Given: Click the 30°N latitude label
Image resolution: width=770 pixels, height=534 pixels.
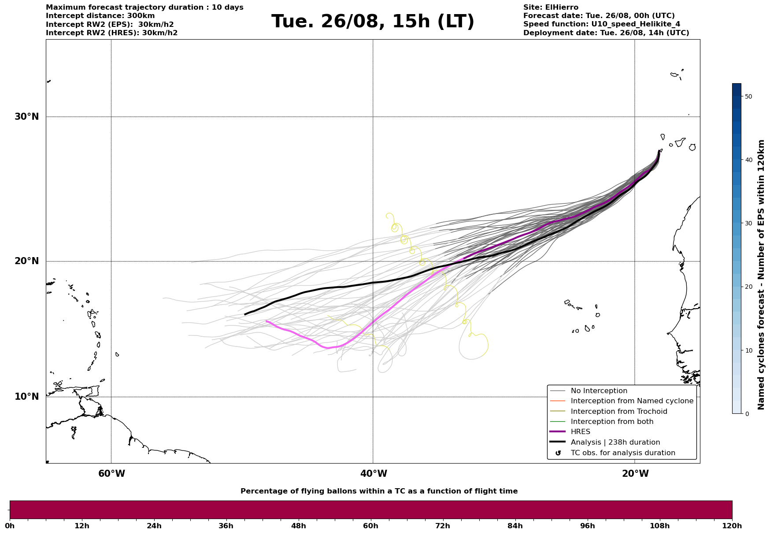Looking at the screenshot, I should tap(26, 117).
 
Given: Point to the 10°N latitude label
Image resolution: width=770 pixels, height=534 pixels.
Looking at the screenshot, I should tap(26, 397).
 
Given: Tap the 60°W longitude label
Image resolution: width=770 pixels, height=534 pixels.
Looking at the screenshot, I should tap(111, 474).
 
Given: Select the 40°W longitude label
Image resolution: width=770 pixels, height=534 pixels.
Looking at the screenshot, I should tap(374, 474).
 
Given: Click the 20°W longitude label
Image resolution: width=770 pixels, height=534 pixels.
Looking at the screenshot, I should tap(635, 474).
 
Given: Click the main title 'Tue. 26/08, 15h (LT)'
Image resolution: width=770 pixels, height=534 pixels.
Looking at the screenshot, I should tap(373, 22).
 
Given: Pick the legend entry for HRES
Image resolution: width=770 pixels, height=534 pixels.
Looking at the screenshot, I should tap(580, 432).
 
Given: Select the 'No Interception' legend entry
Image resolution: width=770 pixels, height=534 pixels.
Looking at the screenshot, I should tap(599, 391).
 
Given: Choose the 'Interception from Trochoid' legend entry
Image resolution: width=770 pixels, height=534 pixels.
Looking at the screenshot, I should tap(618, 412).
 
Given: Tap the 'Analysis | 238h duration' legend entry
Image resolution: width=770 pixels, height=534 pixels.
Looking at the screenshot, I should tap(615, 442).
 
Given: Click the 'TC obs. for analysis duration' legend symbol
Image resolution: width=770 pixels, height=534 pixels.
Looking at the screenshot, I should tap(558, 453).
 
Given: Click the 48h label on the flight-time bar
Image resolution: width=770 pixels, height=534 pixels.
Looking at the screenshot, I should tap(298, 526).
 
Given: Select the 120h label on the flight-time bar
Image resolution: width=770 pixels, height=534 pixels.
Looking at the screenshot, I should tap(732, 526).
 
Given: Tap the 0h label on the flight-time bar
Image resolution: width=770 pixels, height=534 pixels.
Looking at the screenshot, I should tap(10, 526).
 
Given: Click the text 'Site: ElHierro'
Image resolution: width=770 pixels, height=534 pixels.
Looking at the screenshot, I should tap(551, 7).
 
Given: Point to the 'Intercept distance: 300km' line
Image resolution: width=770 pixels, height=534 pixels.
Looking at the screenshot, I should tap(100, 16).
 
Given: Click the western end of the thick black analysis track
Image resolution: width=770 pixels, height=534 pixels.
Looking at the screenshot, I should tap(245, 314).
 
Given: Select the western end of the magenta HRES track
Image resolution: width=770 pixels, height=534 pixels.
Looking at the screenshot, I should tap(267, 321).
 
